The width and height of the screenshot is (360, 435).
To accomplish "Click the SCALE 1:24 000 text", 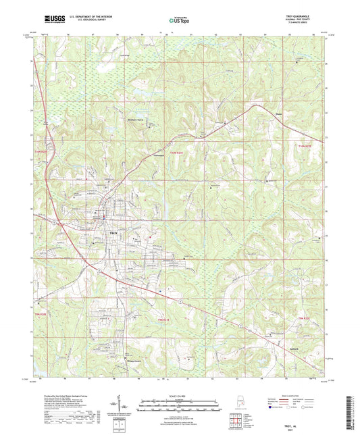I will pyautogui.click(x=180, y=395).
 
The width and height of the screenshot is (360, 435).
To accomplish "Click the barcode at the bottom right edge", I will pyautogui.click(x=354, y=405).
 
